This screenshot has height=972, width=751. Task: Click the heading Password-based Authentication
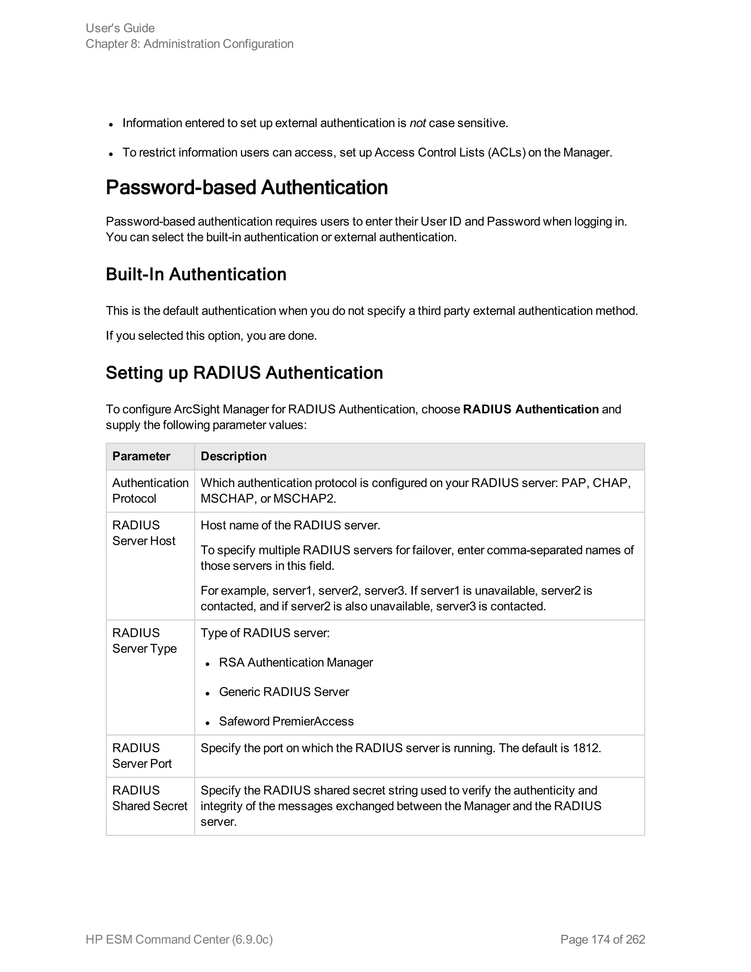(x=246, y=187)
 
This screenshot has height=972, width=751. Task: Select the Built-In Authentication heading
(x=196, y=274)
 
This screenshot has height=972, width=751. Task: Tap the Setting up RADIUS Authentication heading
(x=244, y=373)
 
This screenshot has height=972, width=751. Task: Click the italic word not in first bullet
(x=417, y=123)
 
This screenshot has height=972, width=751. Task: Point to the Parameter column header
(x=141, y=456)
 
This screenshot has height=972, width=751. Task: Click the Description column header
(x=234, y=456)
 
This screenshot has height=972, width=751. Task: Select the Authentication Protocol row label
(x=150, y=490)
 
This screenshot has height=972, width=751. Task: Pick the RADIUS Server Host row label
(x=143, y=533)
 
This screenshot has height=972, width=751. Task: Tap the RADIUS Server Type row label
(x=144, y=640)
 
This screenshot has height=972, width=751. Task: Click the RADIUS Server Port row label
(x=142, y=756)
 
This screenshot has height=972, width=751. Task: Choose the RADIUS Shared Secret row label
(x=150, y=798)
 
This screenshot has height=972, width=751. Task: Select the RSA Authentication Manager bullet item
(x=296, y=663)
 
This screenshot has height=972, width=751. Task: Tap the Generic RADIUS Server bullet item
(x=284, y=692)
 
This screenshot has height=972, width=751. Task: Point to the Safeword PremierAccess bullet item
(x=286, y=721)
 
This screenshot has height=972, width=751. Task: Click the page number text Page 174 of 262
(x=602, y=939)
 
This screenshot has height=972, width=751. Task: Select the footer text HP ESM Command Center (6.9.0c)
(x=179, y=939)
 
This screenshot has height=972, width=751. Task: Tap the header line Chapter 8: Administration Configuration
(x=190, y=44)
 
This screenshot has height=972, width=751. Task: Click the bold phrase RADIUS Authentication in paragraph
(x=530, y=409)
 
